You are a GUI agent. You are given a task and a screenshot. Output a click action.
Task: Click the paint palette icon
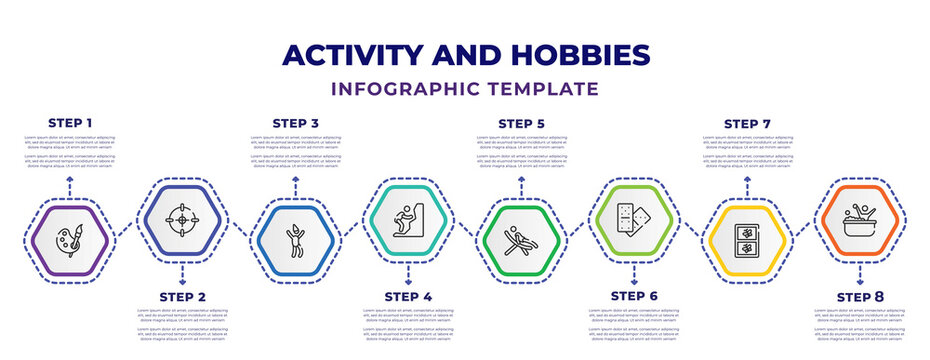click(x=69, y=241)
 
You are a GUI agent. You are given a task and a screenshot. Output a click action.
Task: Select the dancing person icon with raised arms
click(x=295, y=241)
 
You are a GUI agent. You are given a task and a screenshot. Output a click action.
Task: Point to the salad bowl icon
click(x=860, y=217)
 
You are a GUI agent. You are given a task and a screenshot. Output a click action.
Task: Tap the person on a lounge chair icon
click(x=521, y=241)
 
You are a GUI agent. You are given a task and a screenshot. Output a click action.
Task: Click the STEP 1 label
click(x=70, y=123)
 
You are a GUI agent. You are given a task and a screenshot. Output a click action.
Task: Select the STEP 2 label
click(x=182, y=297)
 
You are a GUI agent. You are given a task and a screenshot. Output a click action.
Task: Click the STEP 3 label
click(x=296, y=123)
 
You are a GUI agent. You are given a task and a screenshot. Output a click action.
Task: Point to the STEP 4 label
click(x=408, y=297)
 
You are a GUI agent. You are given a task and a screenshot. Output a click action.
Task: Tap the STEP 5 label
click(x=521, y=123)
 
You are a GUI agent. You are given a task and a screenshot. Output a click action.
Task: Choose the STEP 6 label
click(x=634, y=297)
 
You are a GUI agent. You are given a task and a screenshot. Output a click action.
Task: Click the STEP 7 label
click(x=747, y=123)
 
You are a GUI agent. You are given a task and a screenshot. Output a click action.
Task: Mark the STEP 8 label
click(x=860, y=297)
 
